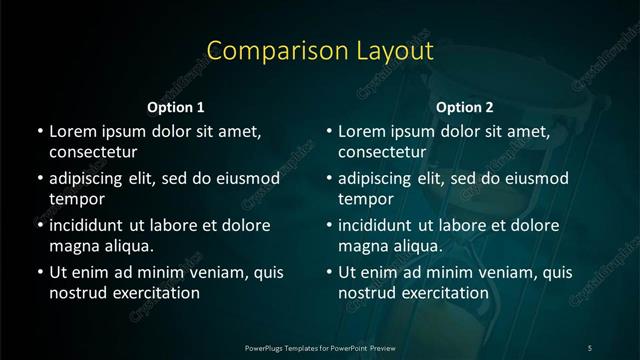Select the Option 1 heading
pos(176,107)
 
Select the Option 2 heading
pos(465,107)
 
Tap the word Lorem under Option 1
pos(72,131)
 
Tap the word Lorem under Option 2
pos(361,131)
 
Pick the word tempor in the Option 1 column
pos(73,199)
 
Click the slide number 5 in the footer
pos(590,346)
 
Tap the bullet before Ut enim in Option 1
pos(39,271)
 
